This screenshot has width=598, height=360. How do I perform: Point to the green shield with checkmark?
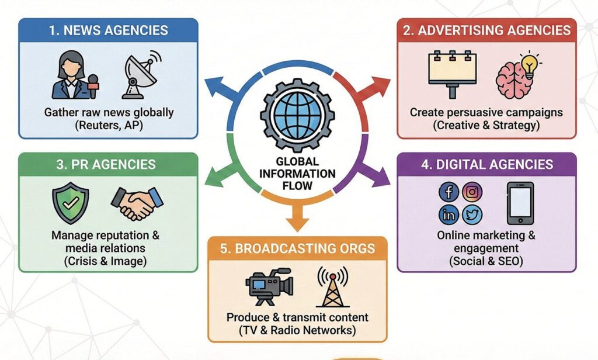[70, 202]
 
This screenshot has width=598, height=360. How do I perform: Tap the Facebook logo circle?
[448, 192]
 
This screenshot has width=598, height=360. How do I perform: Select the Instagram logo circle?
[472, 192]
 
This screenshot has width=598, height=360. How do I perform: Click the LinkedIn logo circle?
[448, 214]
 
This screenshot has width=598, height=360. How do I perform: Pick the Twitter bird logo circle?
[472, 214]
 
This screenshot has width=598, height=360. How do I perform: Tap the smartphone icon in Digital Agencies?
[520, 203]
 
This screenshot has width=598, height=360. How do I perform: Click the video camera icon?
[268, 286]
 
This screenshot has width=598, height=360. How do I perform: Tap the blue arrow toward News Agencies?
[220, 88]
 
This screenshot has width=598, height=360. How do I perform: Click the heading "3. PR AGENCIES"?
[106, 164]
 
